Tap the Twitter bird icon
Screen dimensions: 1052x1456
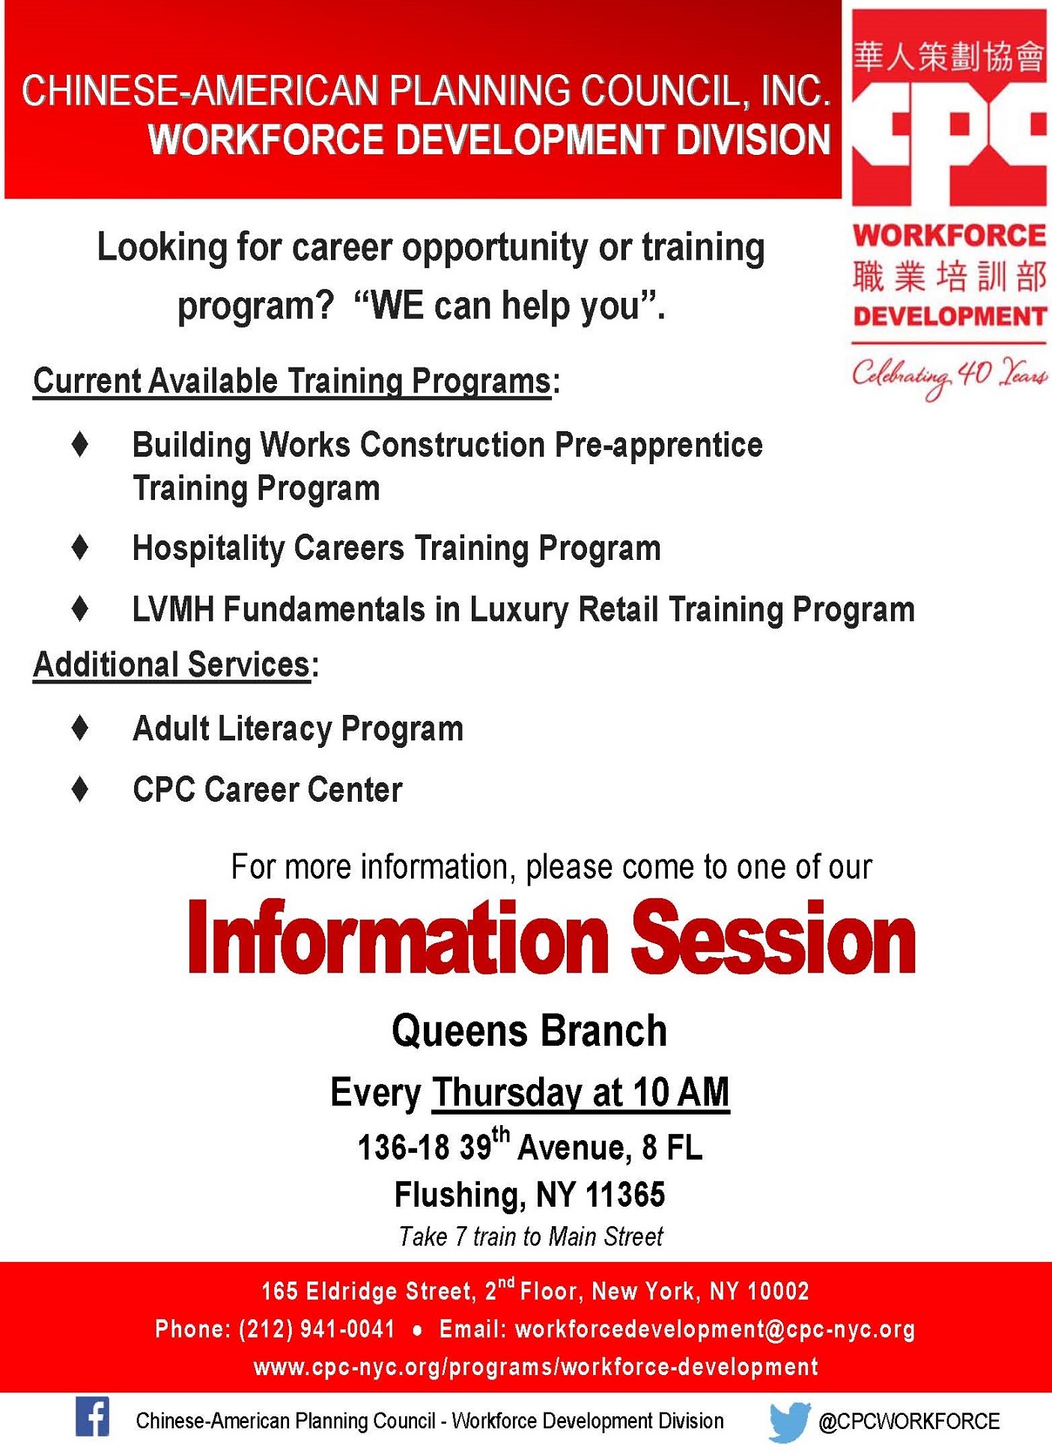click(790, 1422)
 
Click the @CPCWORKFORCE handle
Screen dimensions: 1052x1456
click(909, 1422)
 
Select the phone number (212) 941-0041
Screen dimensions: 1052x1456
click(317, 1329)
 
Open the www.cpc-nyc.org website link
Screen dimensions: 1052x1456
click(536, 1367)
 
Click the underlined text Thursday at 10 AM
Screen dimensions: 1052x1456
click(580, 1092)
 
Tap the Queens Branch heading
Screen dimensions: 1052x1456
click(529, 1031)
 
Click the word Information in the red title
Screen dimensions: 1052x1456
click(398, 937)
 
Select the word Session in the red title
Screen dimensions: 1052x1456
click(773, 937)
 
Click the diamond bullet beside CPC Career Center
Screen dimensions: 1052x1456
click(80, 789)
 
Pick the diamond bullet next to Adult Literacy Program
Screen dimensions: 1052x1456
click(80, 728)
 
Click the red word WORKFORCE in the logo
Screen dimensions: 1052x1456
click(949, 236)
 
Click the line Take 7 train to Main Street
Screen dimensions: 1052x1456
click(531, 1237)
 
